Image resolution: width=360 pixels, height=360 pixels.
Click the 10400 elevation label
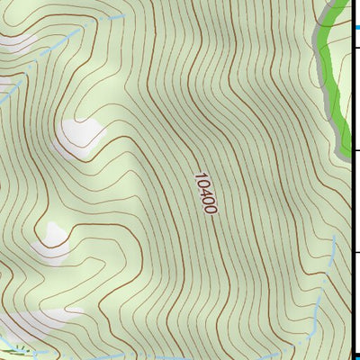[205, 193]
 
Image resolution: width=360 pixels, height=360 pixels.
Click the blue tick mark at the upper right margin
[356, 28]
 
